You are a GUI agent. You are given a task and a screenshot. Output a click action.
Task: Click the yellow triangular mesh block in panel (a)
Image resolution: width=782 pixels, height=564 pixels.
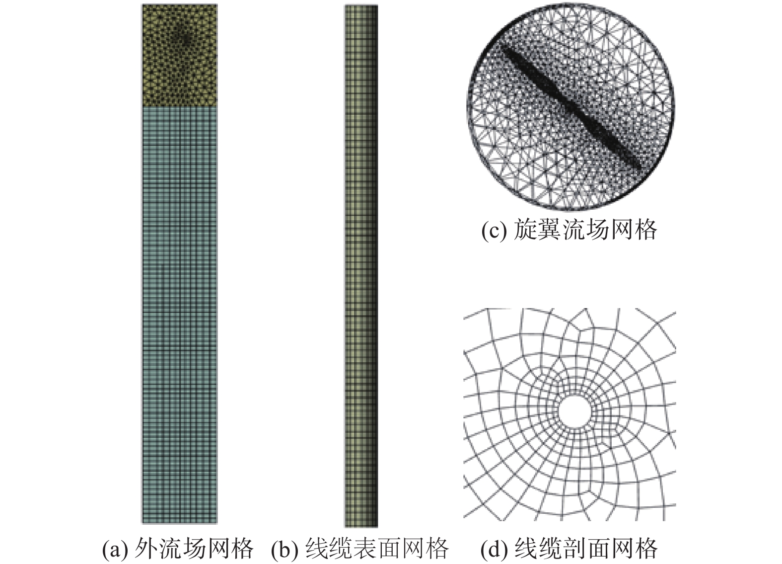(x=179, y=55)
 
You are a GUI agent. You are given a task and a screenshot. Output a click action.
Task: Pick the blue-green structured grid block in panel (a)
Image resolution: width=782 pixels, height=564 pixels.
(x=179, y=313)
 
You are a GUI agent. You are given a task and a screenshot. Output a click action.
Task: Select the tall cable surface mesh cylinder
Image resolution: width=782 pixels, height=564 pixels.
(x=361, y=266)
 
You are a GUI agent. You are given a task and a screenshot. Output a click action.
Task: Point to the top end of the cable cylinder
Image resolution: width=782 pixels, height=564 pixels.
(x=361, y=8)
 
